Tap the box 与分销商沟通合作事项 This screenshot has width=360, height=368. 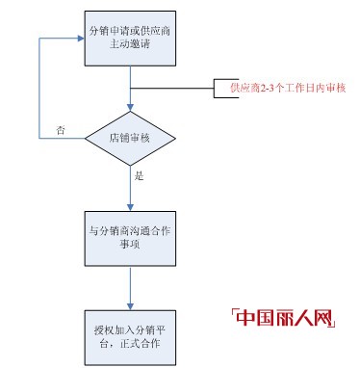click(129, 237)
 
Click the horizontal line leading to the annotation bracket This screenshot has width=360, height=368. click(173, 89)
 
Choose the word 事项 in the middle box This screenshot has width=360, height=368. click(129, 246)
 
